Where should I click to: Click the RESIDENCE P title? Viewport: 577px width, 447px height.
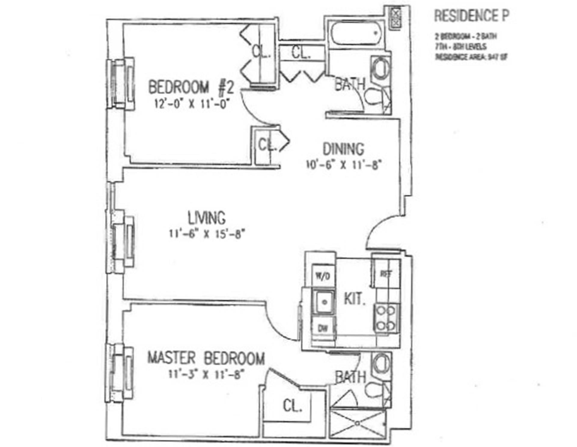coord(472,16)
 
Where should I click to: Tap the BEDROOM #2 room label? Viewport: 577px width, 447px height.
coord(191,87)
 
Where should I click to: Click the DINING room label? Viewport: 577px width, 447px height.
coord(343,149)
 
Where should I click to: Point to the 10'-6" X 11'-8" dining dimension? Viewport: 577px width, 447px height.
coord(343,165)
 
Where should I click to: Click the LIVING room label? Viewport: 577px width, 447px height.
coord(206,218)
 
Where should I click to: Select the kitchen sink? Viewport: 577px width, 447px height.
coord(324,302)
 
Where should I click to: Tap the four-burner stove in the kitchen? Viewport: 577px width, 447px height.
coord(386,318)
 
